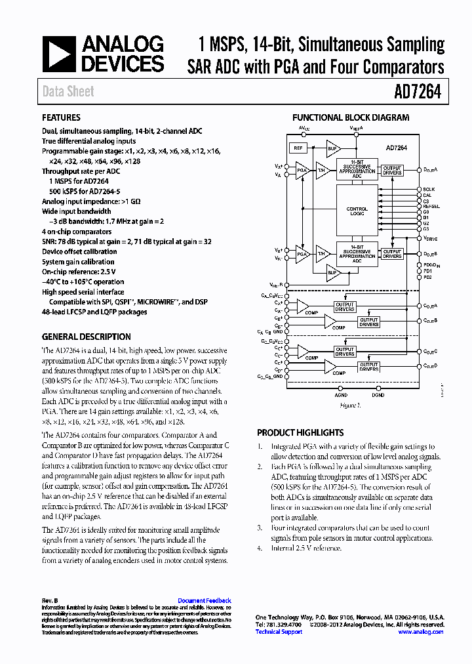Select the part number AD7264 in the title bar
417,92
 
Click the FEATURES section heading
61,118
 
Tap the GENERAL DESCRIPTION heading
86,337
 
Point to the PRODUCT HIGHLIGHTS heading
300,433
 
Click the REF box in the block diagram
299,148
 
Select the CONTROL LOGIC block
357,211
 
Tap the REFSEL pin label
431,205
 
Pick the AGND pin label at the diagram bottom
342,396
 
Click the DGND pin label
378,396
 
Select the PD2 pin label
427,277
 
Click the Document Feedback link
205,600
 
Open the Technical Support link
279,632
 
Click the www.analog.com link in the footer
421,632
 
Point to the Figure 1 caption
350,405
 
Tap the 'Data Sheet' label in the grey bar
68,92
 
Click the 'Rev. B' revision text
50,600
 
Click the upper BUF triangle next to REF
332,149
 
